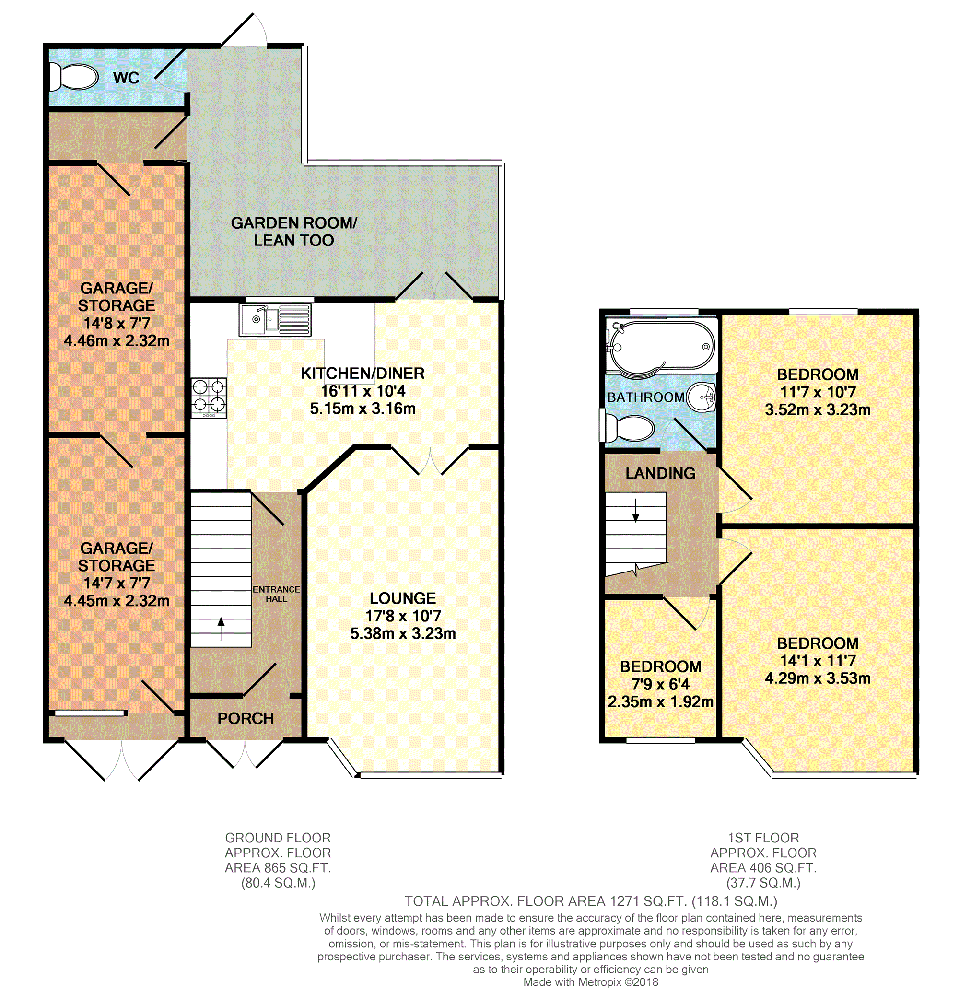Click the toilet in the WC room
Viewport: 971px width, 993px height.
pyautogui.click(x=73, y=78)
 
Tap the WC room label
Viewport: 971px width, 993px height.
pyautogui.click(x=126, y=78)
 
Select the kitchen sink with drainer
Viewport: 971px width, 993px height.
pyautogui.click(x=275, y=320)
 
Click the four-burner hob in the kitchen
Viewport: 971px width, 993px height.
pyautogui.click(x=209, y=398)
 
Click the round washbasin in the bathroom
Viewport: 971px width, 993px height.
pyautogui.click(x=702, y=397)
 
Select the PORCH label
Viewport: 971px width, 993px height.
pyautogui.click(x=246, y=719)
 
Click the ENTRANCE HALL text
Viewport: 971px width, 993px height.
pyautogui.click(x=276, y=594)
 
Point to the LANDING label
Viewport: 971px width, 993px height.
pyautogui.click(x=660, y=473)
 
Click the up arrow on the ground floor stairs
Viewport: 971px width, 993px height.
pyautogui.click(x=221, y=628)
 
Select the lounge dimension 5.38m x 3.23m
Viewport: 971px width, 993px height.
pyautogui.click(x=403, y=633)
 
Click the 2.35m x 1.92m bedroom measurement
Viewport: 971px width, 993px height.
pyautogui.click(x=660, y=702)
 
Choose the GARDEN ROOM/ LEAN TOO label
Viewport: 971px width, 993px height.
pyautogui.click(x=294, y=232)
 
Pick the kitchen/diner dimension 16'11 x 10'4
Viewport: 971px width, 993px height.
pyautogui.click(x=363, y=391)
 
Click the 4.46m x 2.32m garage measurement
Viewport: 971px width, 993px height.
pyautogui.click(x=117, y=341)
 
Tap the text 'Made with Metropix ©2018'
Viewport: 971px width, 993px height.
pyautogui.click(x=591, y=982)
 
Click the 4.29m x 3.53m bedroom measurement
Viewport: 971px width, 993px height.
pyautogui.click(x=818, y=678)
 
